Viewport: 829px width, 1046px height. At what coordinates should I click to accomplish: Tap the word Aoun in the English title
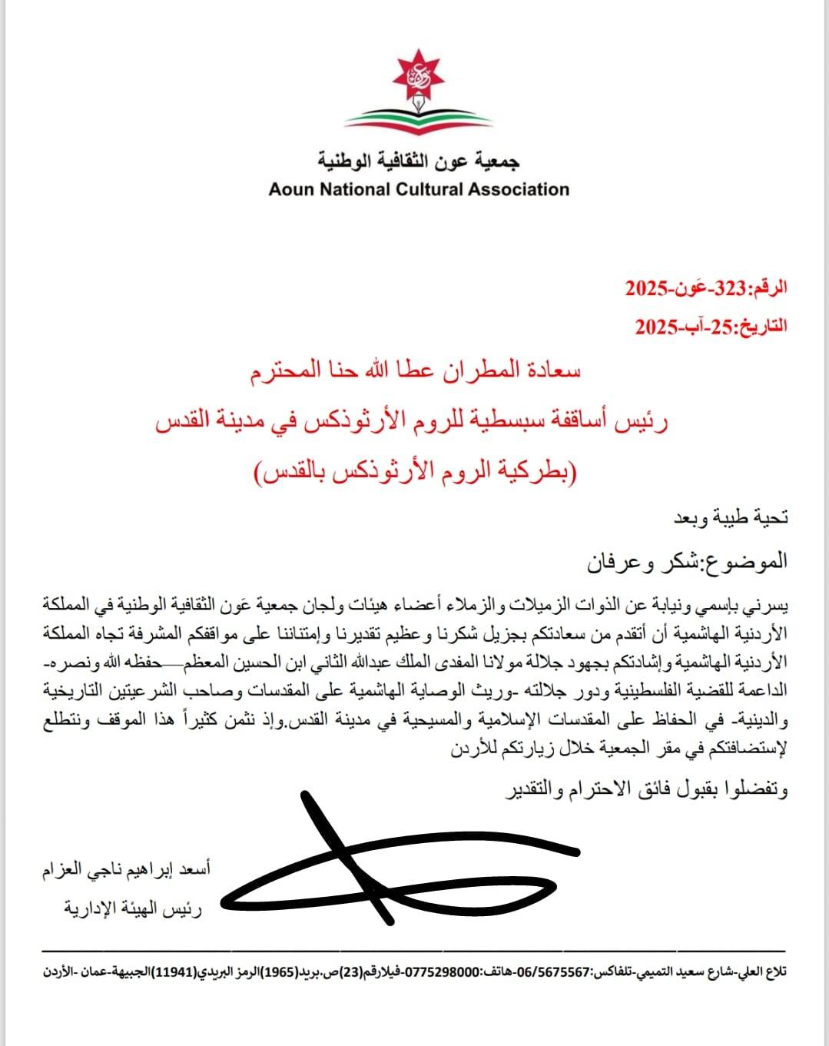(291, 189)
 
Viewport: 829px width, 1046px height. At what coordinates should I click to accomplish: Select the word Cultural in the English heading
(430, 189)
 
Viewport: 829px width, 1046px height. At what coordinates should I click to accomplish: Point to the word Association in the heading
(520, 189)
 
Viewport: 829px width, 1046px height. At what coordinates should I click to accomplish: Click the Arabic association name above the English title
(419, 161)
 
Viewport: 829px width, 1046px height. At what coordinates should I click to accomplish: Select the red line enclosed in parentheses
(418, 470)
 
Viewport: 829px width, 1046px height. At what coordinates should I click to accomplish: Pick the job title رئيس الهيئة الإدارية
(132, 909)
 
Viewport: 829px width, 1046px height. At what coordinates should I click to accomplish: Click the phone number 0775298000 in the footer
(441, 972)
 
